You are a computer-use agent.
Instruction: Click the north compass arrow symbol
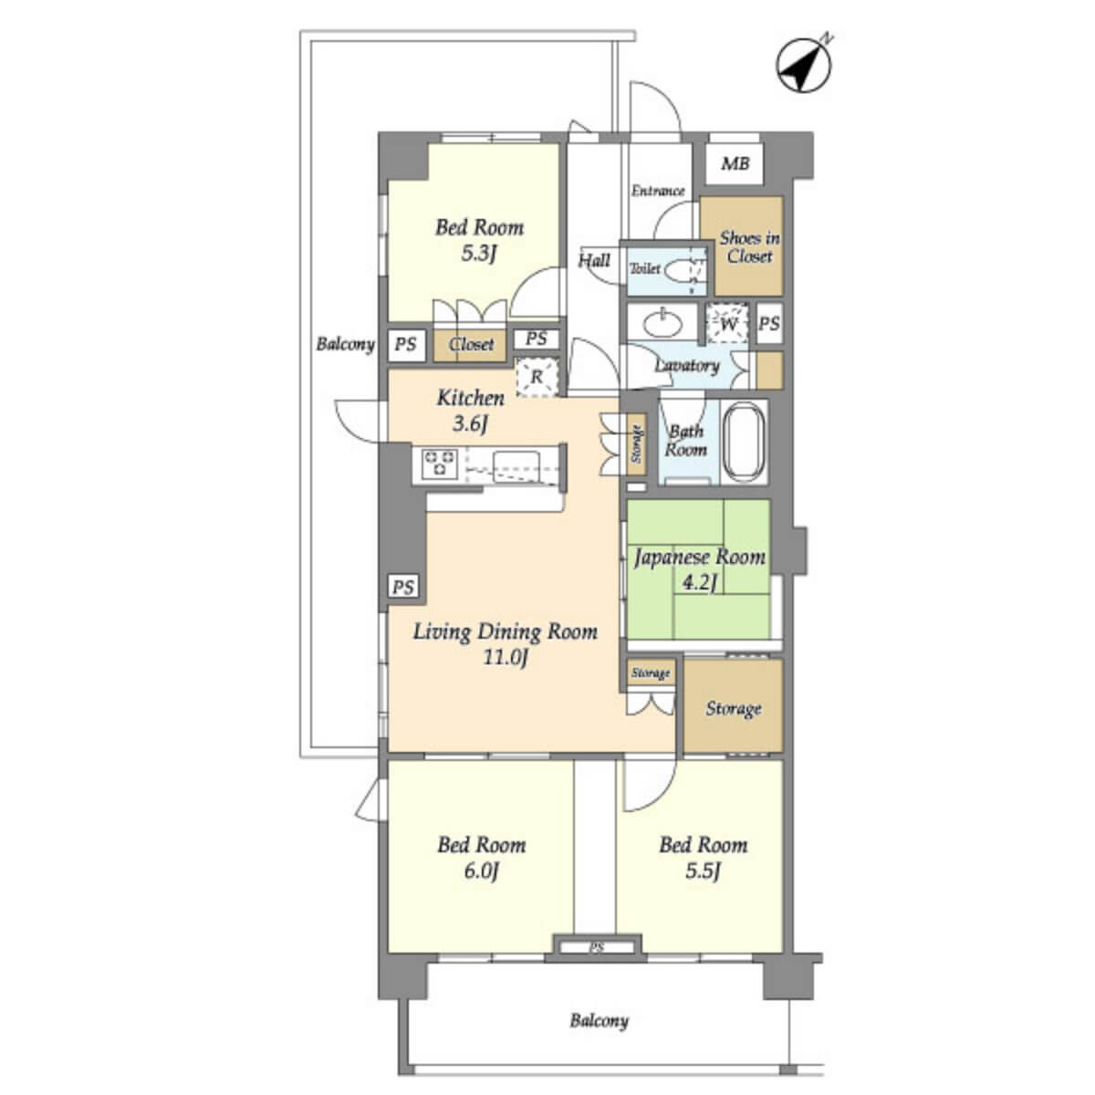click(x=804, y=66)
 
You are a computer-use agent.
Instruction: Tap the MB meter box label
click(x=735, y=164)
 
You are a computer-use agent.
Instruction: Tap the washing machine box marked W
click(x=727, y=324)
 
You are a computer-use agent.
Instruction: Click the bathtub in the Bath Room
click(x=744, y=442)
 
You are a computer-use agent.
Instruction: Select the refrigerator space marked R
click(x=537, y=376)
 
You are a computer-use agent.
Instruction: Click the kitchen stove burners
click(x=440, y=463)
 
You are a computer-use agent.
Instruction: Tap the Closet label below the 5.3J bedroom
click(x=471, y=344)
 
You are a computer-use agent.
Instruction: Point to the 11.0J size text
click(x=506, y=658)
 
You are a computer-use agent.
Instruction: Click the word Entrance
click(x=657, y=191)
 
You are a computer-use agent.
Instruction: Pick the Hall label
click(x=594, y=261)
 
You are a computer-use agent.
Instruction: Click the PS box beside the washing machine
click(x=769, y=323)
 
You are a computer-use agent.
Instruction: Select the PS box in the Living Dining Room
click(x=403, y=587)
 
